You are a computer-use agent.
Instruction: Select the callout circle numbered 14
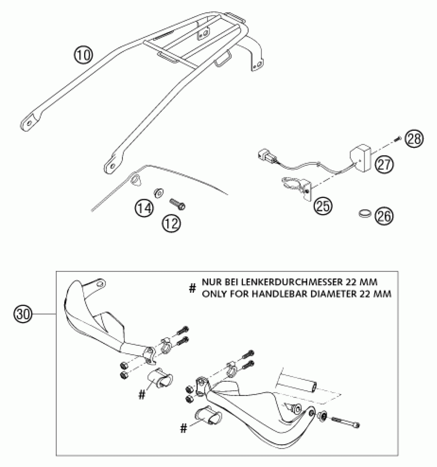[x=144, y=209]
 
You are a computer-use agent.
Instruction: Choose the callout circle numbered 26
[x=384, y=216]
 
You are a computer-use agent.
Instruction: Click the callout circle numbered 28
[x=413, y=139]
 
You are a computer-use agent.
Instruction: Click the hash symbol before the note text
[x=192, y=288]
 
